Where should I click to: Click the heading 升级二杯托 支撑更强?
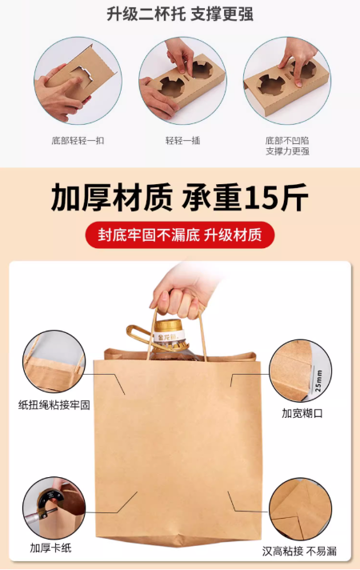(180, 14)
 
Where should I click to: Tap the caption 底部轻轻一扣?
(78, 141)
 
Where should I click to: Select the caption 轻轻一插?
(182, 141)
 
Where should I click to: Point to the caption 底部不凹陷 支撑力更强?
(287, 146)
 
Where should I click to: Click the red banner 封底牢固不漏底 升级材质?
(180, 235)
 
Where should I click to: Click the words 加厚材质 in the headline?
(112, 198)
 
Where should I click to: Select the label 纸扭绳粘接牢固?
(54, 404)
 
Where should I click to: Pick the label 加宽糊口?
(302, 413)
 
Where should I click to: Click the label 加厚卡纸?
(50, 548)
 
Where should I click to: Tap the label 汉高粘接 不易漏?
(299, 552)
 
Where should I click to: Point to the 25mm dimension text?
(318, 380)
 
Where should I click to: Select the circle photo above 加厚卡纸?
(54, 508)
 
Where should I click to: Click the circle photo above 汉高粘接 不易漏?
(301, 509)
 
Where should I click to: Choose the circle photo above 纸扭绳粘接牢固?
(54, 362)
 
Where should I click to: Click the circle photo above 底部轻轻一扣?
(78, 81)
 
